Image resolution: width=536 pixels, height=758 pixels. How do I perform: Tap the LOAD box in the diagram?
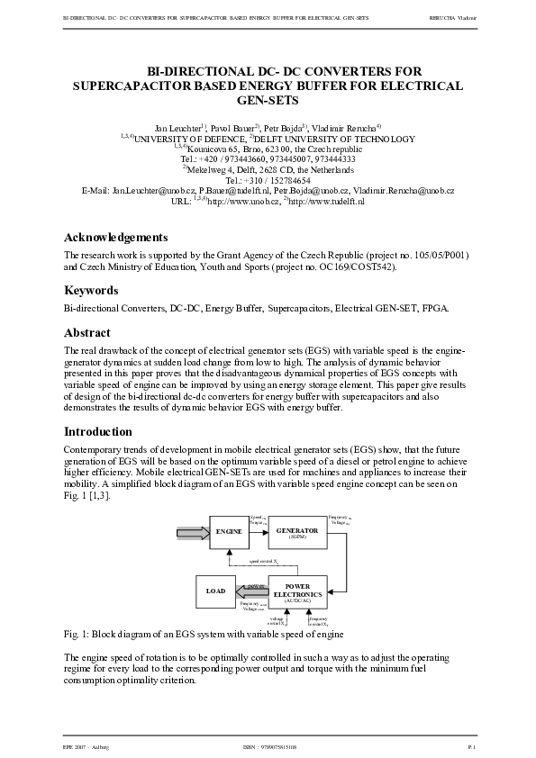tap(215, 591)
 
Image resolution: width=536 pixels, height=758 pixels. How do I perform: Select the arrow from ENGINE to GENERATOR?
tap(257, 532)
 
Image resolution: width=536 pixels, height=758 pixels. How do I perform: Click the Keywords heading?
tap(91, 291)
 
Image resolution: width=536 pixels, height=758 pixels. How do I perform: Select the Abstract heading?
tap(87, 332)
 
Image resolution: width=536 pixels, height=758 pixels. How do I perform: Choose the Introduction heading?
tap(98, 431)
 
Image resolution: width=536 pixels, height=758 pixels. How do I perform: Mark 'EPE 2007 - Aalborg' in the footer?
tap(79, 748)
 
